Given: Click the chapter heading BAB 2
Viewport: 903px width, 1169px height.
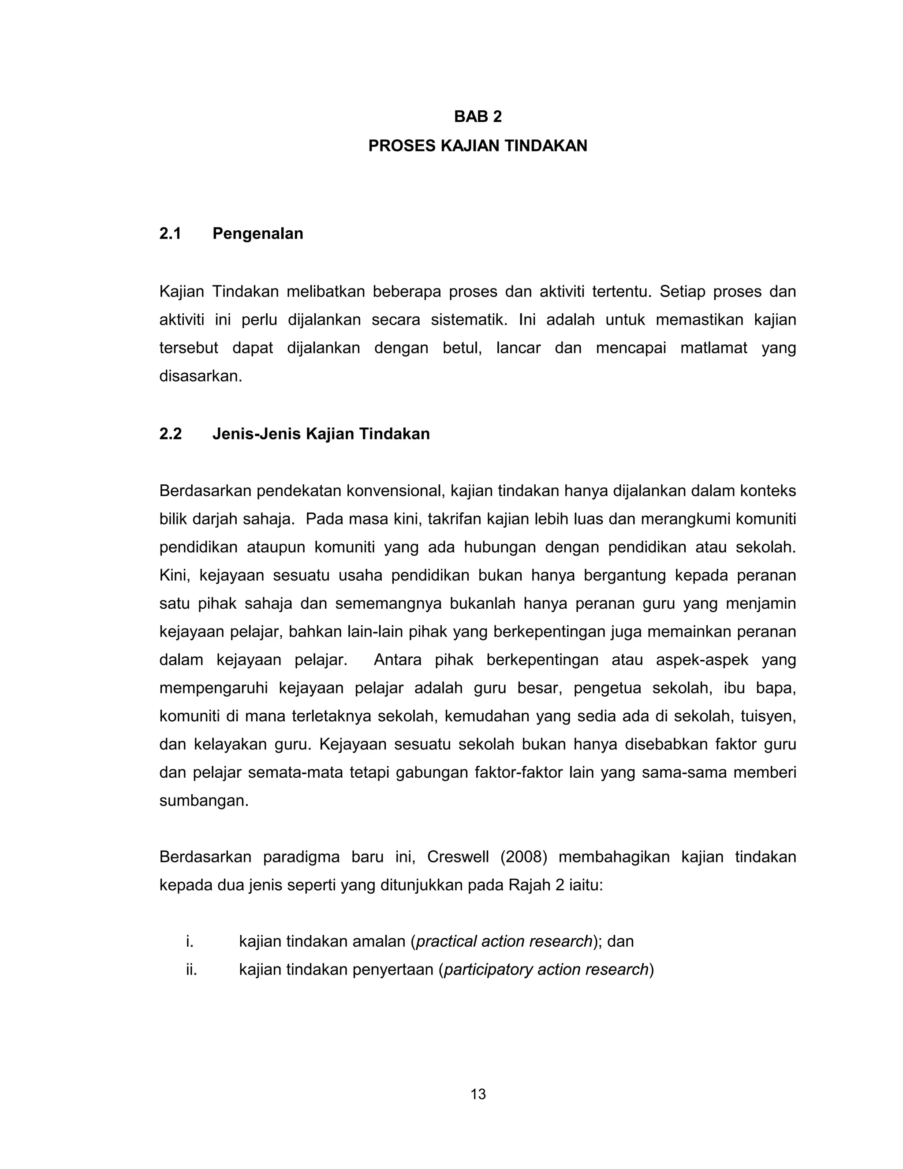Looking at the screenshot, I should coord(478,117).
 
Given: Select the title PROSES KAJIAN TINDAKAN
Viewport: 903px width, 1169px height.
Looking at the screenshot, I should coord(478,146).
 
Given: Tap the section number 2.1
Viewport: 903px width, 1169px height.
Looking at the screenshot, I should coord(170,233).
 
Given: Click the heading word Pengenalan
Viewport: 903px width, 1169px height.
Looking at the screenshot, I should coord(257,233).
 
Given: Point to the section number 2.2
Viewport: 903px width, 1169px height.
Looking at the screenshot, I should coord(170,434).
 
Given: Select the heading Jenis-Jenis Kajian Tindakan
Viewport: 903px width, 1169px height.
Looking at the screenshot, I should coord(321,434).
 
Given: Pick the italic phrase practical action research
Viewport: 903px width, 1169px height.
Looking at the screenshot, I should coord(504,941).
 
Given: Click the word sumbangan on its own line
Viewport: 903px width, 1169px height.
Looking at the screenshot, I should coord(203,801).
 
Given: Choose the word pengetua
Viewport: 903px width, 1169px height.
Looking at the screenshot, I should coord(607,688).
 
